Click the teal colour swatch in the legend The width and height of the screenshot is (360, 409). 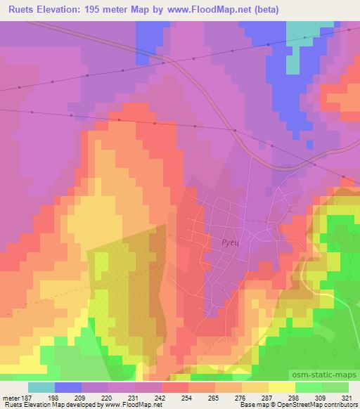tap(41, 387)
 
